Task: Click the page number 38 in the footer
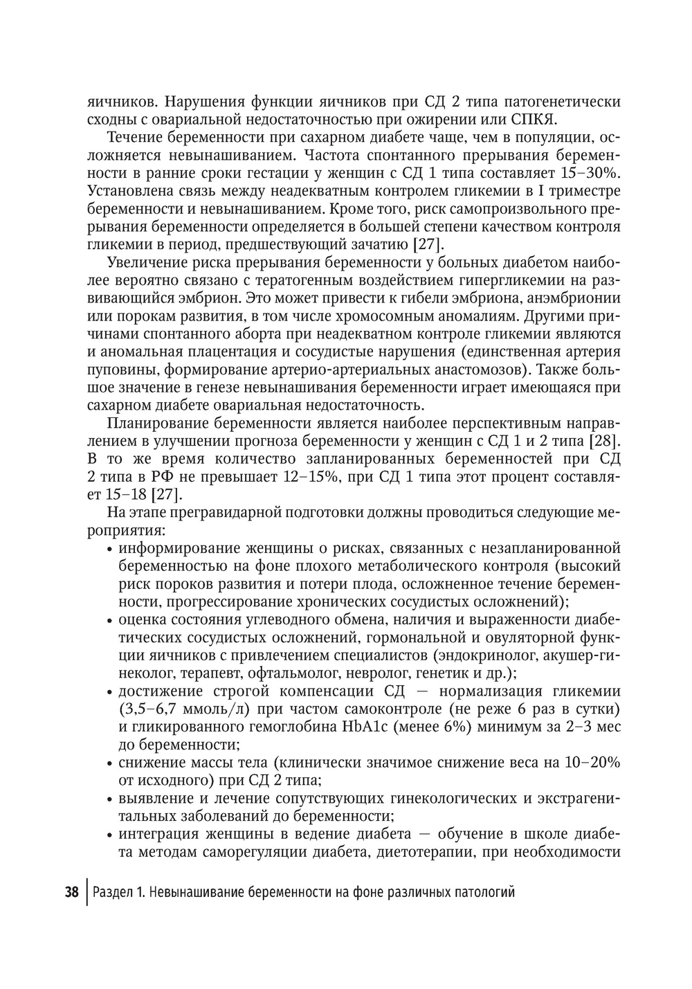tap(71, 891)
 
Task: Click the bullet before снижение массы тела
tap(111, 763)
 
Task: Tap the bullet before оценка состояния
tap(111, 619)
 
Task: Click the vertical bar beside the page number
tap(87, 891)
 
